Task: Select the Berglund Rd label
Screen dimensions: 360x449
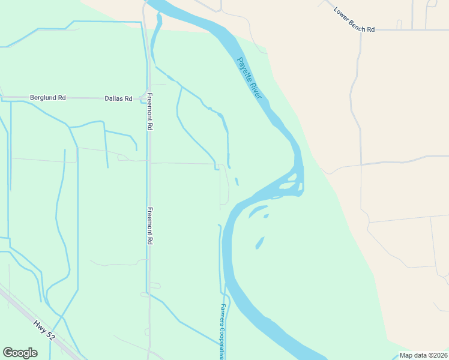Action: pos(47,98)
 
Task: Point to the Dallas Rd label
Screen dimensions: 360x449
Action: pos(118,98)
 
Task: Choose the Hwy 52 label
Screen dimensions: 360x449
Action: pos(44,331)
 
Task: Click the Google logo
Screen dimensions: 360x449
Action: pos(20,353)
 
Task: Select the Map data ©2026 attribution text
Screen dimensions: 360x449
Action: pos(423,355)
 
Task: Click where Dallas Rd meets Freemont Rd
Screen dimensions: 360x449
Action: pos(148,98)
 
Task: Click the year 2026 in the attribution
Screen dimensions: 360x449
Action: pos(439,355)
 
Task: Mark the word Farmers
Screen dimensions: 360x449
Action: pos(221,313)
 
